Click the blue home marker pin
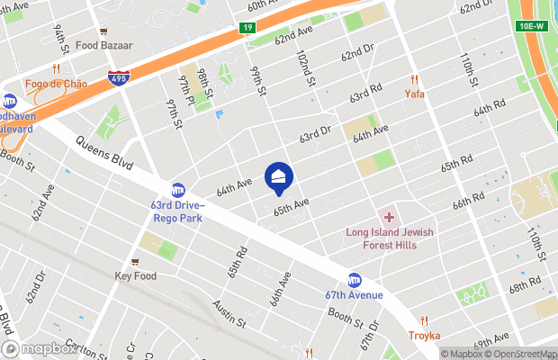279,177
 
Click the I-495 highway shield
117,79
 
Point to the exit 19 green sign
247,28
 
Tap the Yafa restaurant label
414,94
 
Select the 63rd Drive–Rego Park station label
178,211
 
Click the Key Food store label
135,276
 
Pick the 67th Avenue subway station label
355,295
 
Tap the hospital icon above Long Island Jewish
389,217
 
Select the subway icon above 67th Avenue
355,280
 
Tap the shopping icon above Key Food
135,262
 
